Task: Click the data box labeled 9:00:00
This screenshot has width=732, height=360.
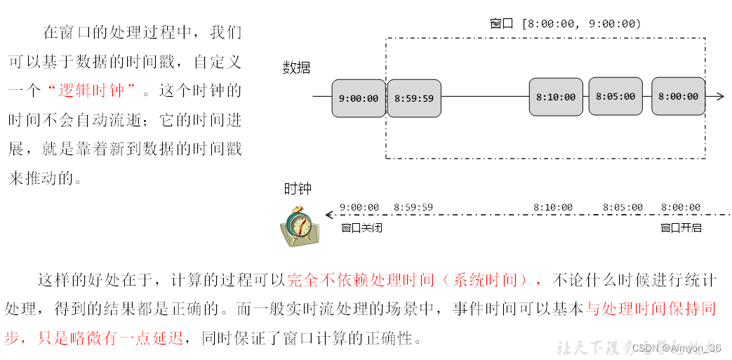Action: pyautogui.click(x=359, y=98)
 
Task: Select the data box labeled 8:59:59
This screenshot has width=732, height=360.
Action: pyautogui.click(x=414, y=98)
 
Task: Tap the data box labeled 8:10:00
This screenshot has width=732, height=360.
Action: pyautogui.click(x=556, y=97)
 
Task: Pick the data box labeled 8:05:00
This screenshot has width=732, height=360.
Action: pyautogui.click(x=615, y=96)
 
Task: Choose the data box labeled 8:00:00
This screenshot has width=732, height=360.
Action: pyautogui.click(x=678, y=96)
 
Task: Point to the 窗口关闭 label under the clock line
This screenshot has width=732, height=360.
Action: pyautogui.click(x=361, y=227)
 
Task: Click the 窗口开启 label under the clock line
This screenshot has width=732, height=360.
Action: pyautogui.click(x=681, y=227)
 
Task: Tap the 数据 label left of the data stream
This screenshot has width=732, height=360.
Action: pyautogui.click(x=296, y=67)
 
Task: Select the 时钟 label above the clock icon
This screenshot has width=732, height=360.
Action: pyautogui.click(x=298, y=189)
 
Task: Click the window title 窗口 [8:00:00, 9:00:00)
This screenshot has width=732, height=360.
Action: pyautogui.click(x=565, y=24)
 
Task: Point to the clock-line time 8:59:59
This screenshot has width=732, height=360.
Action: pyautogui.click(x=413, y=208)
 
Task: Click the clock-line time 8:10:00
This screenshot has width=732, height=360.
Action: pyautogui.click(x=553, y=208)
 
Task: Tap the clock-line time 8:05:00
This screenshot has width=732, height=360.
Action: pyautogui.click(x=623, y=208)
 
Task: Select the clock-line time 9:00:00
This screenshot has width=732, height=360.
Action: pyautogui.click(x=359, y=208)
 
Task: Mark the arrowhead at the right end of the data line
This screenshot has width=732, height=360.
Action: pyautogui.click(x=719, y=96)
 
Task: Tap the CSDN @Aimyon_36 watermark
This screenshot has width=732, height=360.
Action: pyautogui.click(x=676, y=348)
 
